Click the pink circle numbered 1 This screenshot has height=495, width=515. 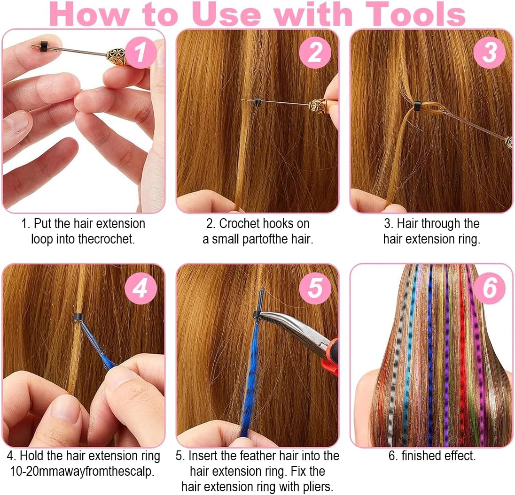(139, 53)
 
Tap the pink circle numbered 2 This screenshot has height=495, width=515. (314, 53)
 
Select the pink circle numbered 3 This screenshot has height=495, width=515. (489, 53)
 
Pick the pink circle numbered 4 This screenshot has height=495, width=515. (140, 288)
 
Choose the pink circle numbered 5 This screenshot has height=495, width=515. (314, 288)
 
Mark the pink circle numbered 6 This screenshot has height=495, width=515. (489, 288)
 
